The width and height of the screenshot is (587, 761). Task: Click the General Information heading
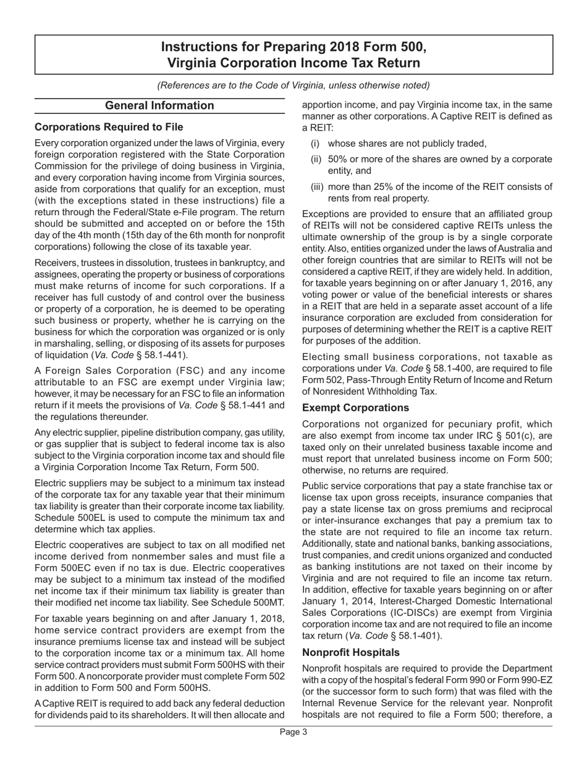tap(159, 106)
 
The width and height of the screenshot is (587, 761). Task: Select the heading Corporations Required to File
tap(109, 127)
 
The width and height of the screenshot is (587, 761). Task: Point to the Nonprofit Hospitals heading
tap(351, 652)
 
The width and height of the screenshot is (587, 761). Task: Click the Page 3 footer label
tap(293, 732)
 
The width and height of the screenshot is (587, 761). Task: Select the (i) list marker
tap(315, 144)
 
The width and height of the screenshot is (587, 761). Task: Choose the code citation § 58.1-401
tap(416, 635)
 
